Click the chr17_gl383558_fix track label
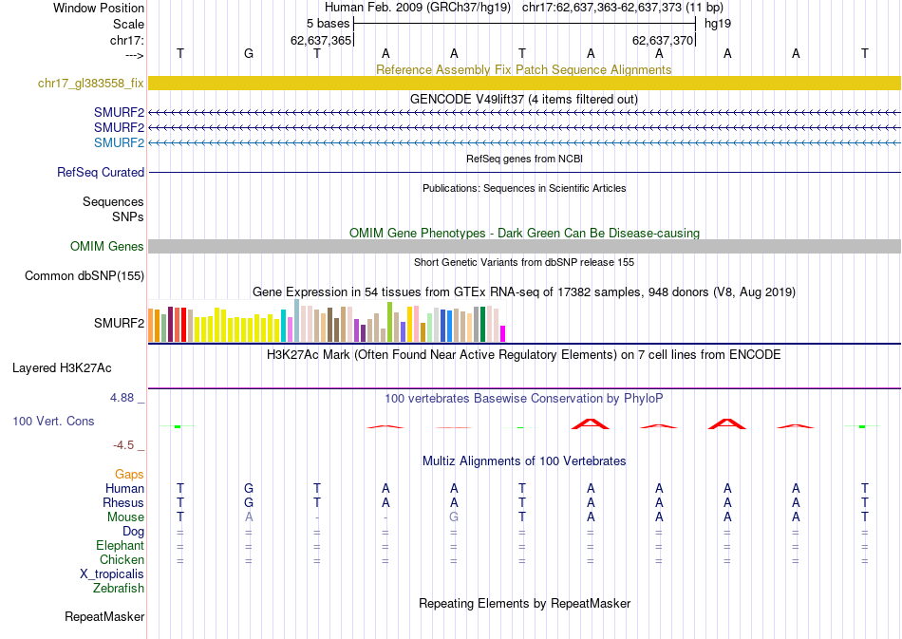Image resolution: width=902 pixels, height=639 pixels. coord(90,84)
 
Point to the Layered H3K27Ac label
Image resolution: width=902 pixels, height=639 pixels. coord(78,367)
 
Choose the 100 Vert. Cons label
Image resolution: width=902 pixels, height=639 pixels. coord(54,420)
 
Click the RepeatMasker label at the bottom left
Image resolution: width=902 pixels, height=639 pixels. coord(104,617)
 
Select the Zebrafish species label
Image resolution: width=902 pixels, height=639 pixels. coord(119,589)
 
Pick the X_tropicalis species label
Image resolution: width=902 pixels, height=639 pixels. coord(112,574)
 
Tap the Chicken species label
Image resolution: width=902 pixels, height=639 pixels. coord(122,560)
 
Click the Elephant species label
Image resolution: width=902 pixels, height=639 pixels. coord(120,546)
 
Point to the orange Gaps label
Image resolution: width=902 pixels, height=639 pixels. coord(129,474)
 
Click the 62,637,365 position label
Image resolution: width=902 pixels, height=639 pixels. coord(321,40)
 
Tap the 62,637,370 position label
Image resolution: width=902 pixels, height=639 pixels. coord(663,40)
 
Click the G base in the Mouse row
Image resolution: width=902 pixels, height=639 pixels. coord(454,517)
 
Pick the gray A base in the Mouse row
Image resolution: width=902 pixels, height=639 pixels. coord(249,517)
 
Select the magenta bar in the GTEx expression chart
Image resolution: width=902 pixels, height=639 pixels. coord(503,332)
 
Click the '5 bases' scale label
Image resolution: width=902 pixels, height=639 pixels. coord(328,23)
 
